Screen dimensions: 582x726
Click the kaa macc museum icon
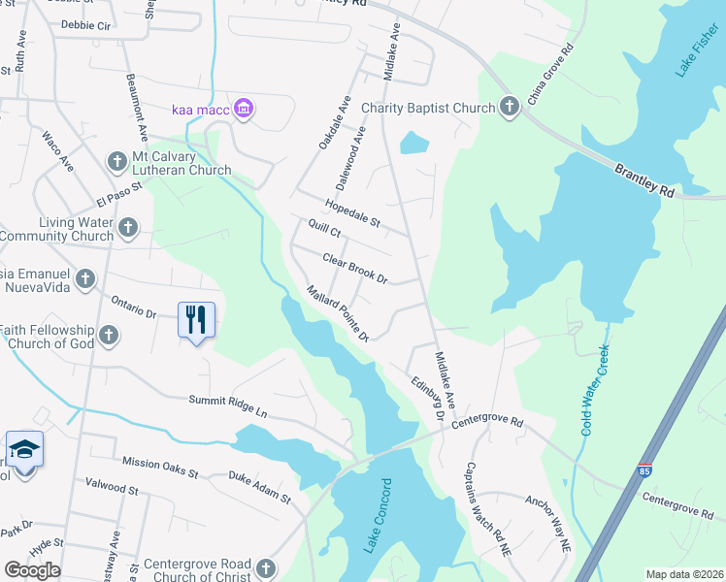point(244,108)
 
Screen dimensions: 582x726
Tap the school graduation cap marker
point(23,450)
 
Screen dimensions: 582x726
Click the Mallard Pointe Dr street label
point(338,312)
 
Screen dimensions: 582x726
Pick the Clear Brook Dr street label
point(354,268)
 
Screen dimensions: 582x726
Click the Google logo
point(32,570)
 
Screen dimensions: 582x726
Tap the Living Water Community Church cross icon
point(128,229)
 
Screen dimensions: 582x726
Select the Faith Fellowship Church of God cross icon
point(108,336)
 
